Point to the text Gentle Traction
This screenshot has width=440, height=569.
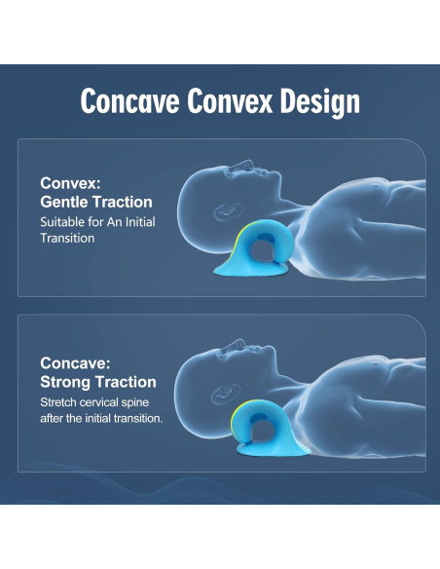[96, 202]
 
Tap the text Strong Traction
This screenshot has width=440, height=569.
[97, 382]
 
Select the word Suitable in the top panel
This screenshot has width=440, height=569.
[62, 222]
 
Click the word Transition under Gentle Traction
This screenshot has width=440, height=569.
[67, 238]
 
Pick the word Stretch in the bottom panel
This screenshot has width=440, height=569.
[59, 402]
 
